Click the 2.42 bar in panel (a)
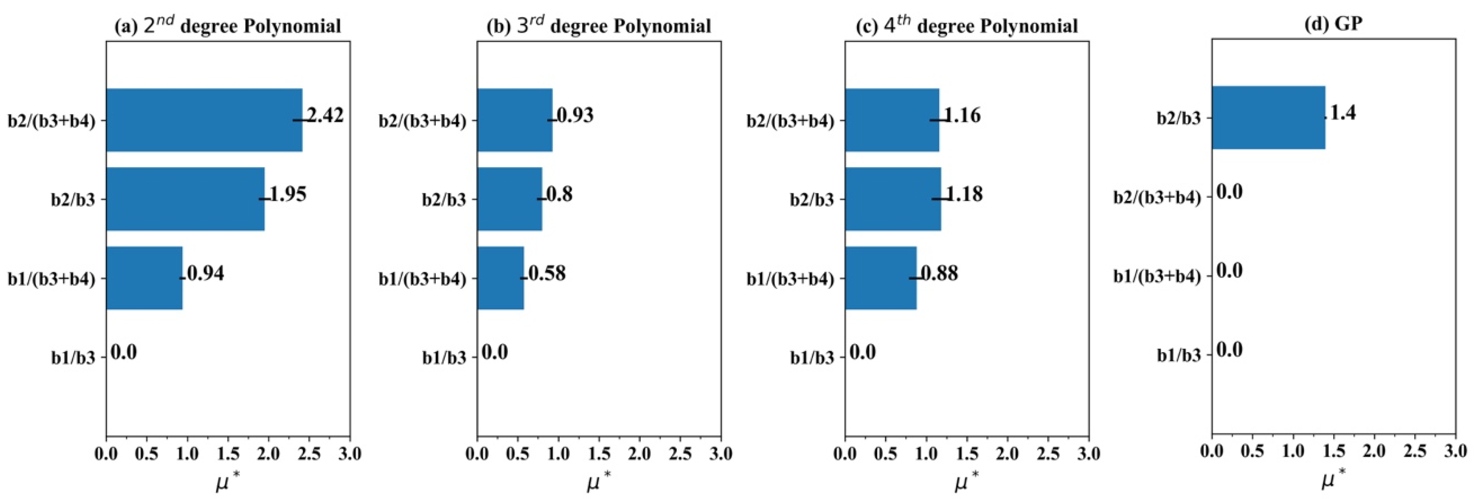[x=203, y=120]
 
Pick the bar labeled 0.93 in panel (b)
[x=514, y=120]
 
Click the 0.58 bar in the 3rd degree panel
[x=500, y=278]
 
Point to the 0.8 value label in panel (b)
[x=559, y=194]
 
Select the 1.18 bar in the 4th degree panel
[x=892, y=199]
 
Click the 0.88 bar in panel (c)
[x=880, y=278]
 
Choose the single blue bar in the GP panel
[x=1268, y=117]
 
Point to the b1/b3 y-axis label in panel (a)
[x=73, y=358]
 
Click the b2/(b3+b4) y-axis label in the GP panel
[x=1156, y=197]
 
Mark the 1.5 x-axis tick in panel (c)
[x=966, y=454]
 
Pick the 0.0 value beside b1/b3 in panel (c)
[x=862, y=352]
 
